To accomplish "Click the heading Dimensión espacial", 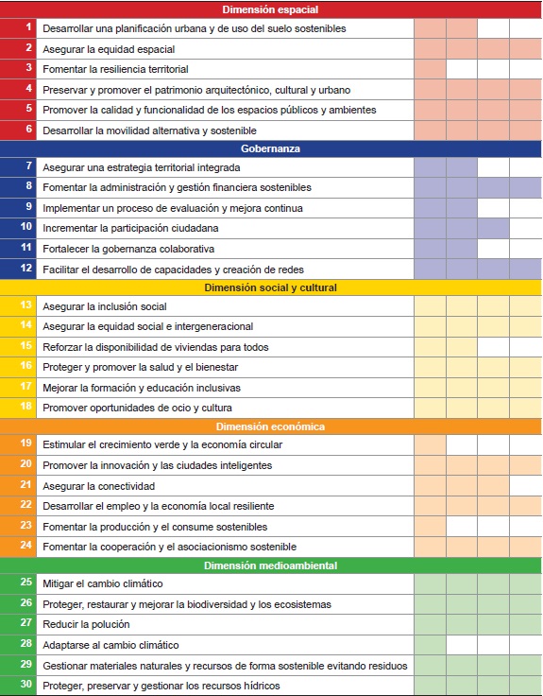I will [x=271, y=9].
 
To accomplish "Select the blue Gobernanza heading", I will [x=271, y=148].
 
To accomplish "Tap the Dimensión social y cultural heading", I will [x=271, y=287].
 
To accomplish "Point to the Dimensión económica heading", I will [x=271, y=426].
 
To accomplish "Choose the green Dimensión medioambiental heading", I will [x=271, y=565].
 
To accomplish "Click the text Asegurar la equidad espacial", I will [x=110, y=48].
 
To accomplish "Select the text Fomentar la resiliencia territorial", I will [x=115, y=69].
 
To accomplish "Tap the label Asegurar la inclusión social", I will [x=105, y=306].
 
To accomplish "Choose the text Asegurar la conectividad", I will [x=99, y=486].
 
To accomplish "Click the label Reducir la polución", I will [x=86, y=624].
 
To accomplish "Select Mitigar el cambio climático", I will [x=103, y=583].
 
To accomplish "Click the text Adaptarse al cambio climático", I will [x=111, y=645].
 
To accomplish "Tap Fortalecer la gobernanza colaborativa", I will [x=127, y=249].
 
